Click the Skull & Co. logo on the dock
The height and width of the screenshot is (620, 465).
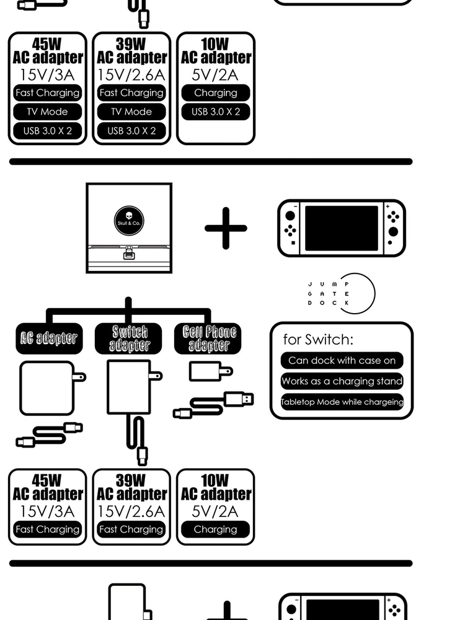(129, 221)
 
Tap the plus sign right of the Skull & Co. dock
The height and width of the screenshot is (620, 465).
(226, 228)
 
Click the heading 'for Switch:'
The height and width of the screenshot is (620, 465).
(318, 339)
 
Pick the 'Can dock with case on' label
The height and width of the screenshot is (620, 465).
(342, 360)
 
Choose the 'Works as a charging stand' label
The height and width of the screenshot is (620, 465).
(342, 381)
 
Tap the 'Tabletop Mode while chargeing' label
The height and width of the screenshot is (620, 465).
(342, 402)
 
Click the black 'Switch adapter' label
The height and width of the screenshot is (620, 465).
(130, 339)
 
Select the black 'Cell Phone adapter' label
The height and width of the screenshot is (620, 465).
(209, 339)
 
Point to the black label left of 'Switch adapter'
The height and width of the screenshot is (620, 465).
(49, 339)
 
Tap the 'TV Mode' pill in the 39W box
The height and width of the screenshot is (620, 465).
(131, 112)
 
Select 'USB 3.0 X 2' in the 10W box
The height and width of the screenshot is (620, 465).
(215, 112)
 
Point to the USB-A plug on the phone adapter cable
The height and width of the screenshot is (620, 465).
(239, 398)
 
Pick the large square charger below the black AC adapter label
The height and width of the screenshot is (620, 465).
(48, 387)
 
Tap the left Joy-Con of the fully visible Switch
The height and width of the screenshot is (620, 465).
(289, 228)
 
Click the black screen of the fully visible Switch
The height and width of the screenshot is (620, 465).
(341, 228)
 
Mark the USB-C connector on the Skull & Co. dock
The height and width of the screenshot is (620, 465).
(129, 255)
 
